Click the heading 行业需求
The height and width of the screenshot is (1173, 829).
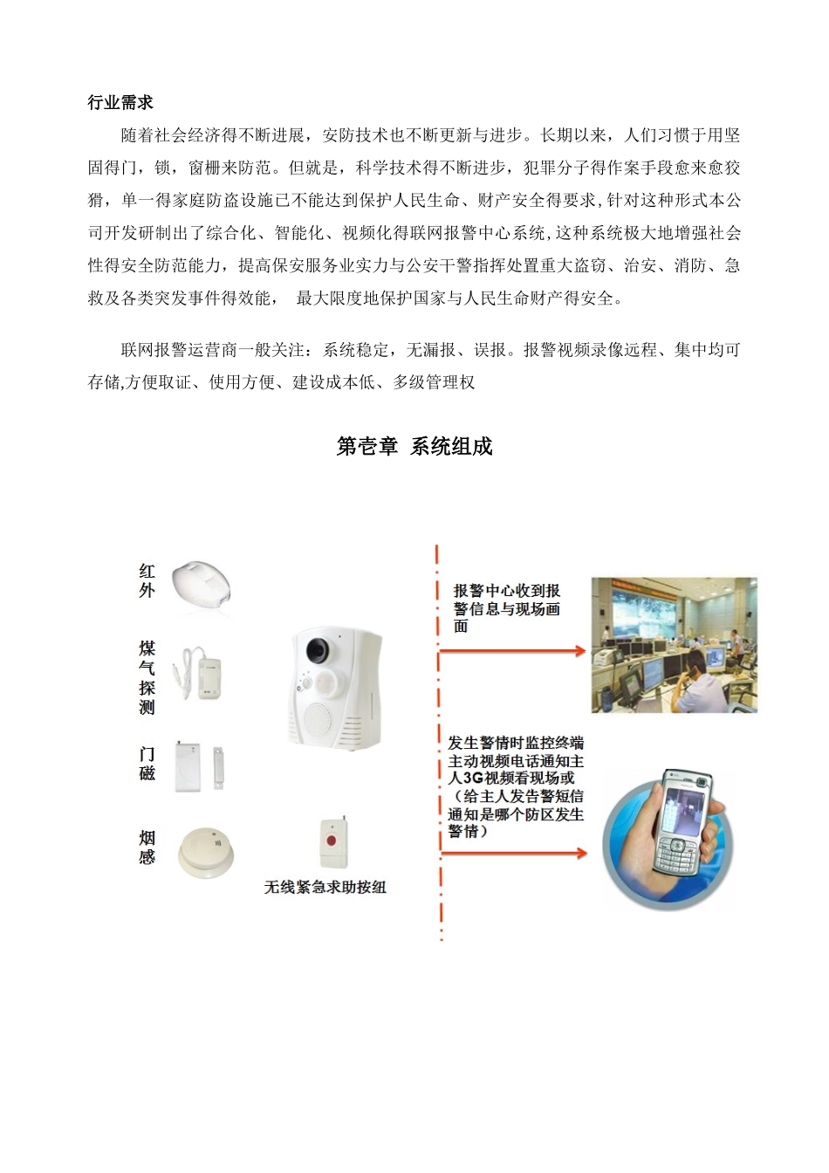point(120,102)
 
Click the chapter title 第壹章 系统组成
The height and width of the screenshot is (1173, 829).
point(414,447)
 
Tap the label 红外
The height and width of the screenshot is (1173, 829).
point(147,580)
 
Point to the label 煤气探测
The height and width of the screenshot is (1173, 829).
point(147,677)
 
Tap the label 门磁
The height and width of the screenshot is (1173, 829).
point(147,764)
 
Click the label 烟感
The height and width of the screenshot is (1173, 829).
point(147,847)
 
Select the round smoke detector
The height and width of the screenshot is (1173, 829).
point(206,852)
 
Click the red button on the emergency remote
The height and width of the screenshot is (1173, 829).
point(331,840)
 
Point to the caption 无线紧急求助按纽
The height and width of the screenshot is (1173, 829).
point(325,887)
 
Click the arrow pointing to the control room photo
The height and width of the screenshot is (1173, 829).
point(512,651)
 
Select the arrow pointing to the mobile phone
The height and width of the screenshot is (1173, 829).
point(514,854)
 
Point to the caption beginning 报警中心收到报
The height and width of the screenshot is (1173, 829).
point(506,608)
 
